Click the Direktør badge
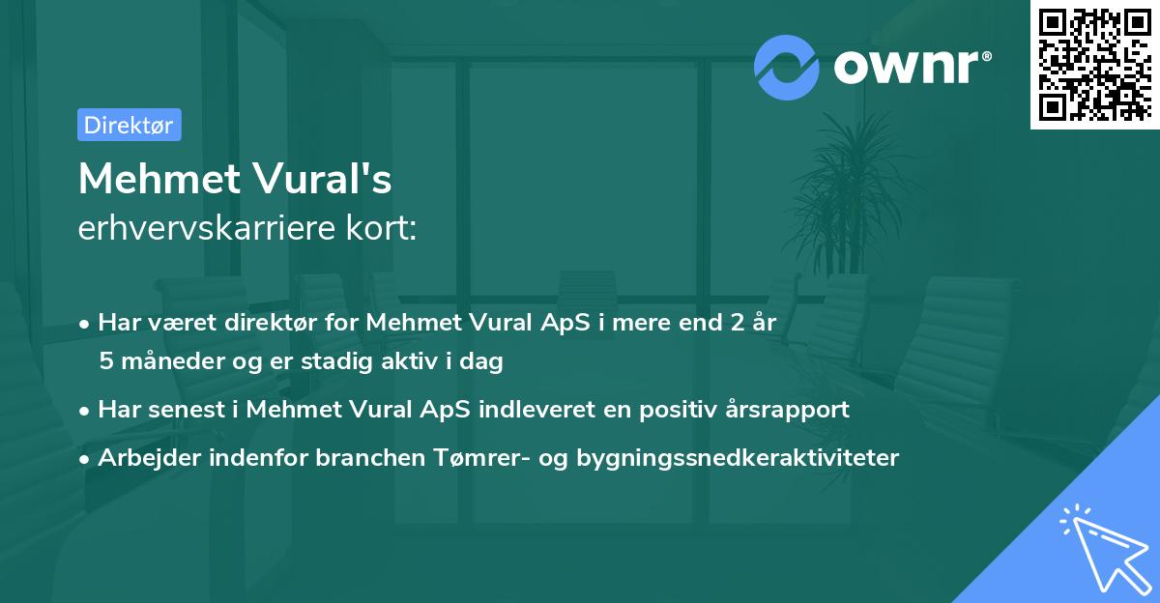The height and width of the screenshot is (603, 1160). (129, 125)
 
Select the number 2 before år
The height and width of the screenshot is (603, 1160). (735, 321)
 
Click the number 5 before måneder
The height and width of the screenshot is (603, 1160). (105, 361)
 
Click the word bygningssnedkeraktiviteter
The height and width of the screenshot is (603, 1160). (738, 457)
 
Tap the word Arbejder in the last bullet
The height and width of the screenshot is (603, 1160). (142, 457)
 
